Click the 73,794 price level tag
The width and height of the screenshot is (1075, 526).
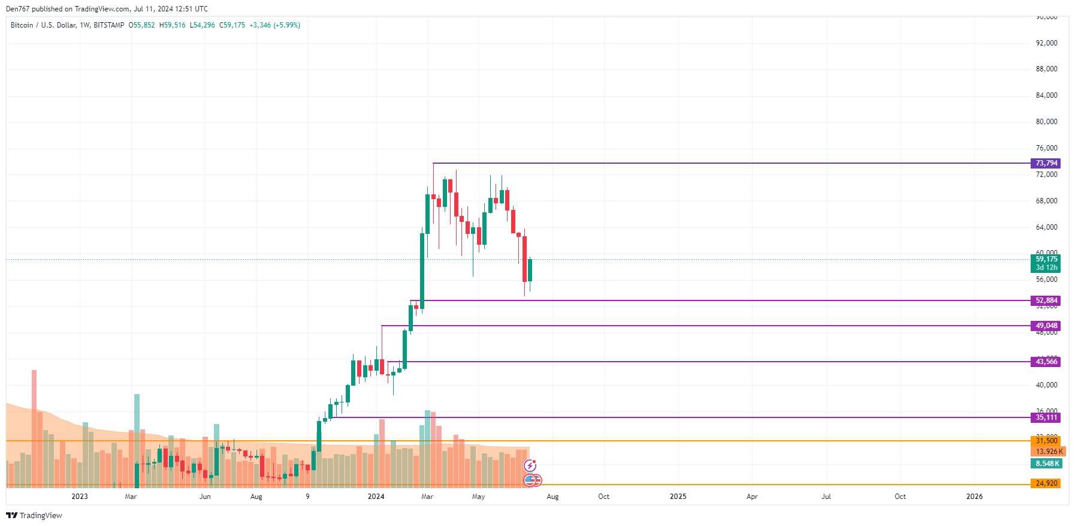click(1046, 163)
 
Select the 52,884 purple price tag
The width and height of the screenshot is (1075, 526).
click(1046, 300)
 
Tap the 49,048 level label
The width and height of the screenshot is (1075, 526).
click(1046, 326)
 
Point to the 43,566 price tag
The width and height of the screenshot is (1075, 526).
click(1046, 362)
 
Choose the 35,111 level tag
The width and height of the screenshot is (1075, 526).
click(1046, 417)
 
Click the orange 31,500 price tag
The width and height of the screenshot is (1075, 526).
click(1046, 441)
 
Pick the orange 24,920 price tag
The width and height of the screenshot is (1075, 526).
click(1046, 483)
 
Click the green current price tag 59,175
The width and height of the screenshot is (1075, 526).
click(1046, 260)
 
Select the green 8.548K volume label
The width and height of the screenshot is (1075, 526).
click(1046, 464)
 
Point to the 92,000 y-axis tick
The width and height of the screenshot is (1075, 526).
click(1046, 43)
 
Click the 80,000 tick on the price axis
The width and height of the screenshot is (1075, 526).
click(1046, 122)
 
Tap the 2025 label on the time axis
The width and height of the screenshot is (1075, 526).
click(678, 497)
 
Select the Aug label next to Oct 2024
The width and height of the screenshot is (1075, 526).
click(552, 497)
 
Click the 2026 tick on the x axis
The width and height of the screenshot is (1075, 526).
click(974, 497)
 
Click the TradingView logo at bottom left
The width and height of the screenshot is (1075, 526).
click(34, 516)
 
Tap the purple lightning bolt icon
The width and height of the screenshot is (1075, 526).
click(530, 465)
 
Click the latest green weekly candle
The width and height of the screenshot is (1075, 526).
click(530, 270)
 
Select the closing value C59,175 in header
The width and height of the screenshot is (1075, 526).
click(232, 25)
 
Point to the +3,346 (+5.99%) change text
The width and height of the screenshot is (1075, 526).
click(275, 25)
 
